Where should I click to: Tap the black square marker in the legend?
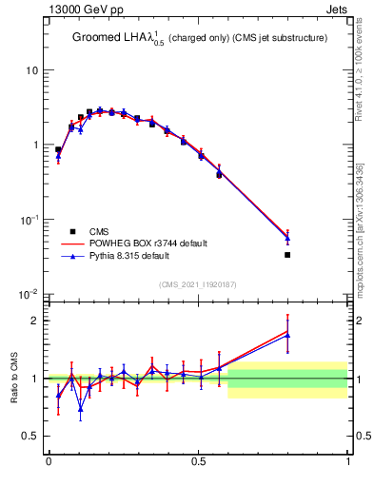(72, 231)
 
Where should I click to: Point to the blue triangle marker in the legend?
(72, 257)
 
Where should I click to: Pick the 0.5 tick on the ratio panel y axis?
(33, 436)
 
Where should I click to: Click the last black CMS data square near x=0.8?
(287, 255)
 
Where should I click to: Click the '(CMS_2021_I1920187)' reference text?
(198, 284)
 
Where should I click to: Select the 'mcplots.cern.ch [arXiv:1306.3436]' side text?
(363, 224)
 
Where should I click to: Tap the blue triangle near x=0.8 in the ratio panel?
(287, 336)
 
